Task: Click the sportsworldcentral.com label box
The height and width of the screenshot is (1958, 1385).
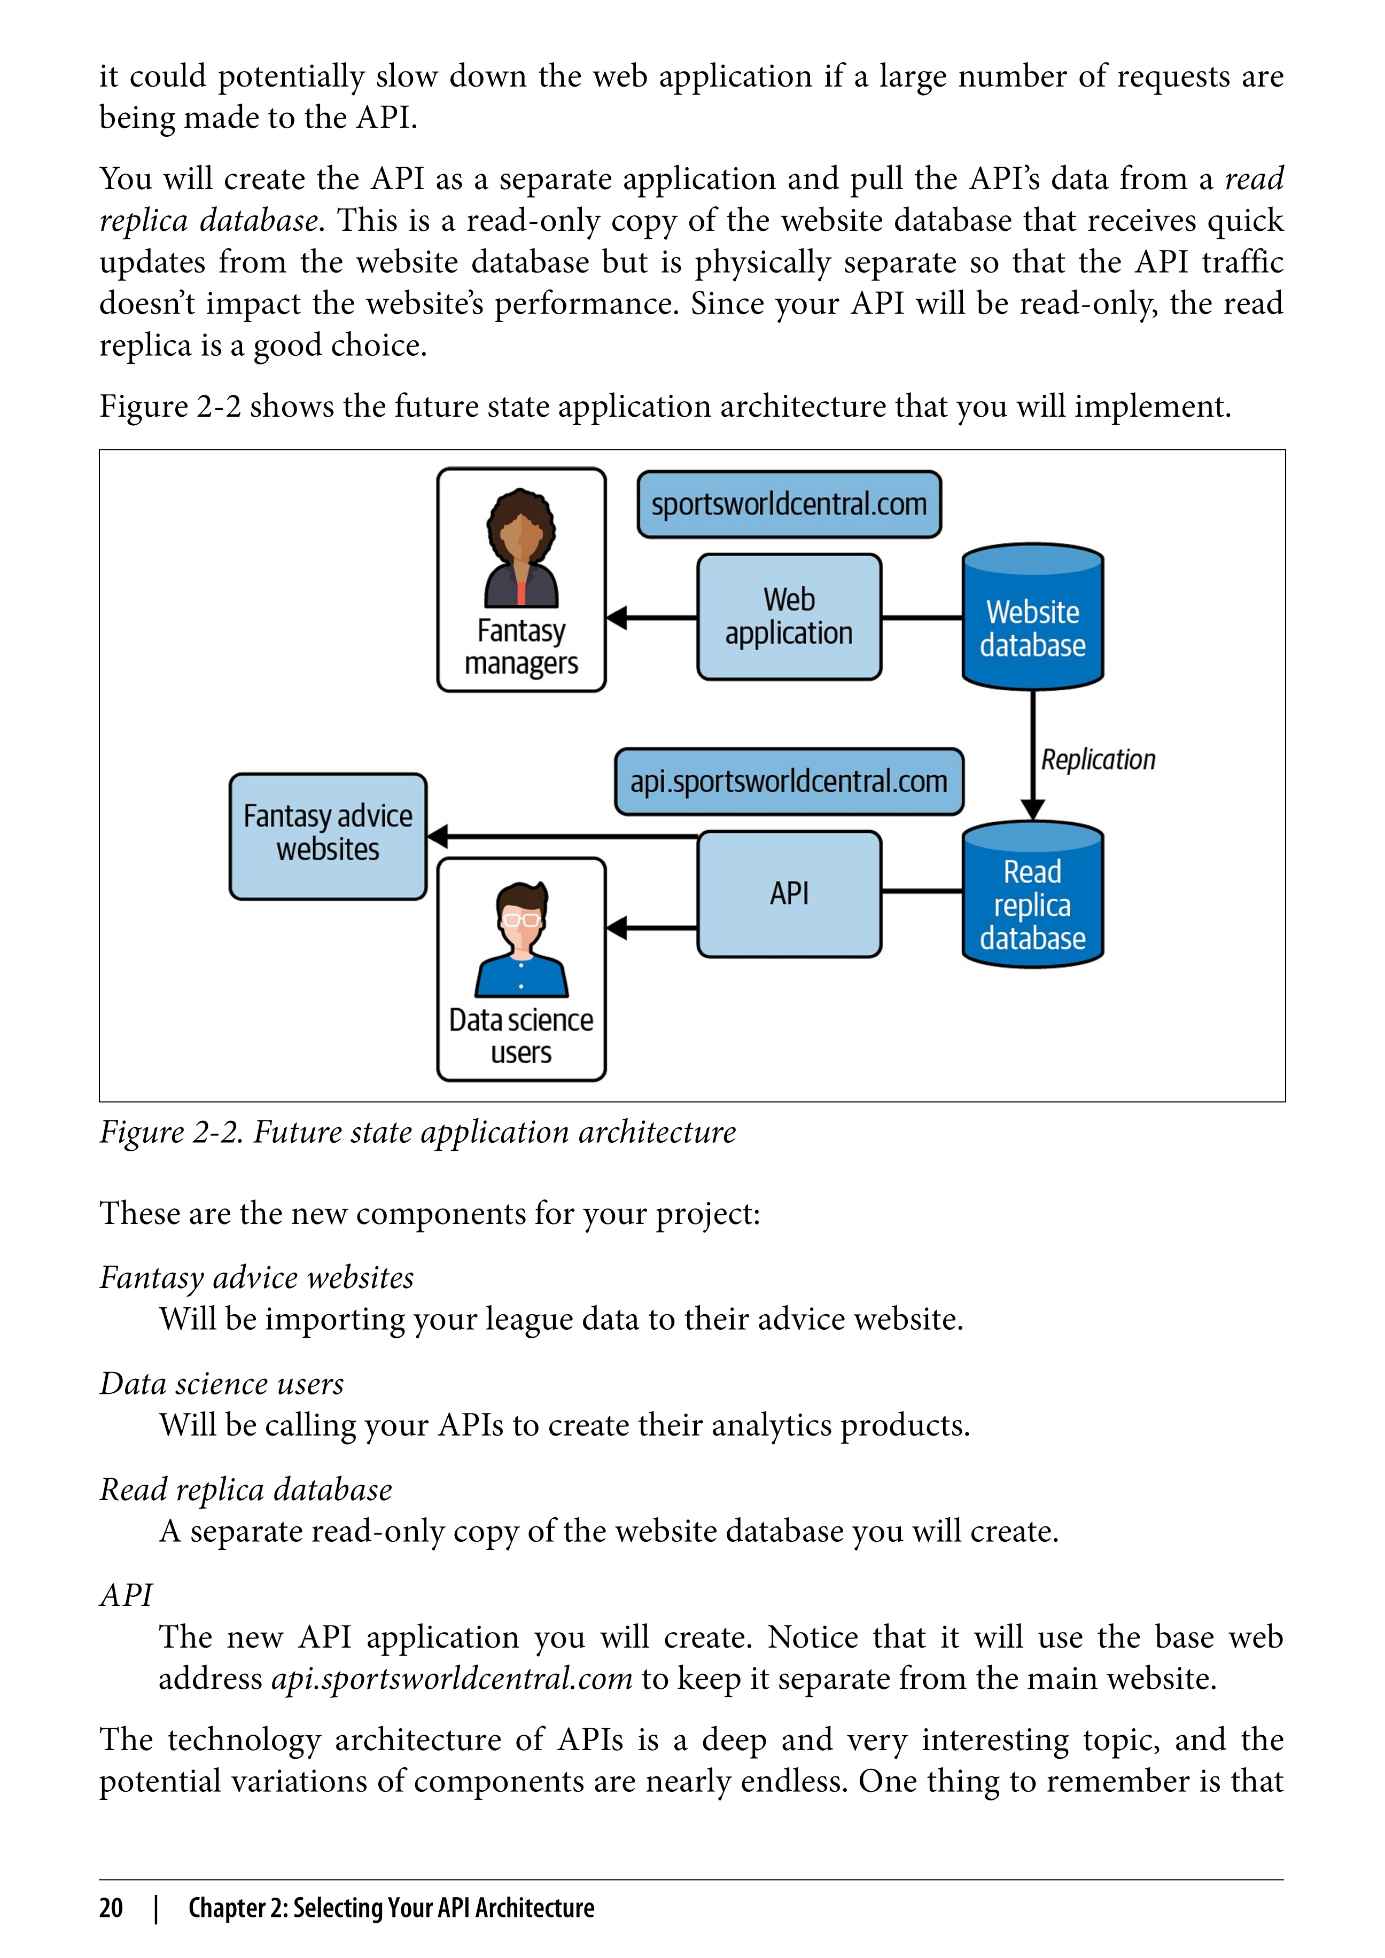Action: (x=789, y=504)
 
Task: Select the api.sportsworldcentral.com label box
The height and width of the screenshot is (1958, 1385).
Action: (x=789, y=781)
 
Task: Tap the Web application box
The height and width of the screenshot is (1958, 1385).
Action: (x=789, y=617)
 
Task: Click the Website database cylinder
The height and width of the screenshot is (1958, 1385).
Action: (x=1033, y=617)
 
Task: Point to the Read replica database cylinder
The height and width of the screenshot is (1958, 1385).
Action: (x=1033, y=894)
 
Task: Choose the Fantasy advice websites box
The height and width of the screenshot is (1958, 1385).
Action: (x=328, y=836)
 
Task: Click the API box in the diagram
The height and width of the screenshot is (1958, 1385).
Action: (x=789, y=894)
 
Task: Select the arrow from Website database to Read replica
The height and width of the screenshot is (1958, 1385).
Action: (x=1033, y=755)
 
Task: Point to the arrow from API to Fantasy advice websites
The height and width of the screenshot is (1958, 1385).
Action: (x=563, y=837)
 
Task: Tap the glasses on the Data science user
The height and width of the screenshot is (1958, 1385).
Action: (x=521, y=920)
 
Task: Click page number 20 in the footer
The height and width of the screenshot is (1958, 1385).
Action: (x=111, y=1908)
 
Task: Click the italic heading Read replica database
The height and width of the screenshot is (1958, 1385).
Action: (x=246, y=1490)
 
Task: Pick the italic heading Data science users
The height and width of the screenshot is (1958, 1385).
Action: (x=222, y=1383)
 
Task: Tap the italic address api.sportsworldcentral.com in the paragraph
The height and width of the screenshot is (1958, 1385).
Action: (x=452, y=1679)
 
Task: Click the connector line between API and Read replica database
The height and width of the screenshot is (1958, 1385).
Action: (x=922, y=891)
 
